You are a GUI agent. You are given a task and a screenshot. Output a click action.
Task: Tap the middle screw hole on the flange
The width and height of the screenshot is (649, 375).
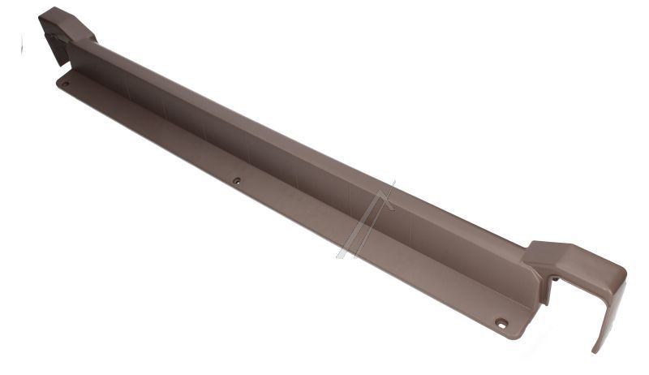click(237, 181)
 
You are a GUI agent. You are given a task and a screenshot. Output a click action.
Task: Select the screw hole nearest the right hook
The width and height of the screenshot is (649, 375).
click(501, 324)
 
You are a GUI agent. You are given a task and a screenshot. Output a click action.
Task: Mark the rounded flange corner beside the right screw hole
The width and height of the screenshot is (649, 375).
click(519, 335)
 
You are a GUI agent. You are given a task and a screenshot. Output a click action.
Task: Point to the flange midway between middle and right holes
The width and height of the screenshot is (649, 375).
click(369, 252)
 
